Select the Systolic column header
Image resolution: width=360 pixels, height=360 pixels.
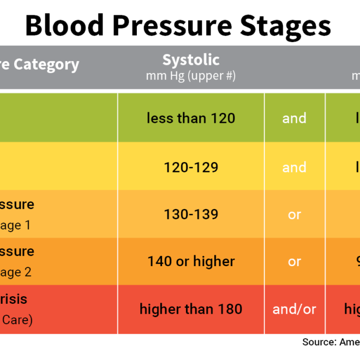point(191,59)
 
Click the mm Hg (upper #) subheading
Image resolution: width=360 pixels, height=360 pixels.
point(191,76)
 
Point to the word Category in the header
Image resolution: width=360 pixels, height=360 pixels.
point(47,65)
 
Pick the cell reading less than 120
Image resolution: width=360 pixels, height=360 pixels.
point(191,118)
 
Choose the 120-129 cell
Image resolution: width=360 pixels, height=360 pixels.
point(191,167)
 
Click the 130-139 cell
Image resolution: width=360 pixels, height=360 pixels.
point(191,214)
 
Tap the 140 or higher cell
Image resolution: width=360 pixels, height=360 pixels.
point(191,261)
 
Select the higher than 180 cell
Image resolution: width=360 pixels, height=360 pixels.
point(191,309)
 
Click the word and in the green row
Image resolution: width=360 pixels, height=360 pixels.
point(295,118)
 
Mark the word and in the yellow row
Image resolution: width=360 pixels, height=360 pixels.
point(295,167)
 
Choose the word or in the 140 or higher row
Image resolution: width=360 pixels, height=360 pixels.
point(295,262)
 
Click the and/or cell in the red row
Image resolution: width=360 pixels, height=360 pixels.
point(295,309)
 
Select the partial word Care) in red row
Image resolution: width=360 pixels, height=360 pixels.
point(17,320)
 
